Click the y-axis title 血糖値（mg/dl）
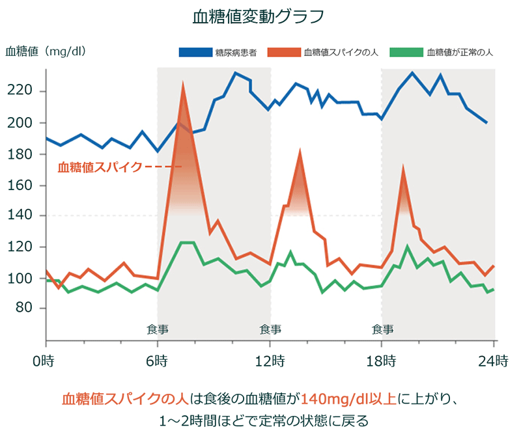(46, 51)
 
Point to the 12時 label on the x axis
(270, 360)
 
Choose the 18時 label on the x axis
(382, 360)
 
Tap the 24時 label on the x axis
(494, 360)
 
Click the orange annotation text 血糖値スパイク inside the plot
(99, 167)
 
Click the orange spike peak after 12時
(300, 152)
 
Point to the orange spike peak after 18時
(404, 168)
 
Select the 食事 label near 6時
(158, 328)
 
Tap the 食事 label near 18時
(383, 328)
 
